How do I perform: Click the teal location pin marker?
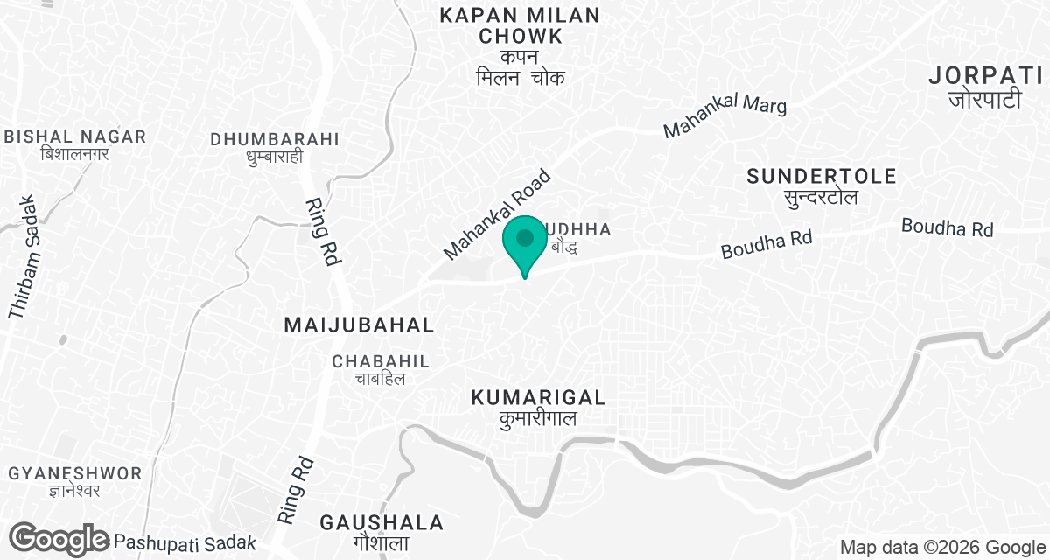[525, 241]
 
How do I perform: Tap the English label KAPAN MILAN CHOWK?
[520, 26]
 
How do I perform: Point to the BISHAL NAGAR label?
[75, 136]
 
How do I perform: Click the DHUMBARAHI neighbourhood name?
[275, 139]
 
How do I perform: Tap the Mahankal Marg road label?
[724, 117]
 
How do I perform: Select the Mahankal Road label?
[497, 214]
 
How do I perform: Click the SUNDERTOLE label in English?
[822, 177]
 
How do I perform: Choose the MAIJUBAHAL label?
[360, 325]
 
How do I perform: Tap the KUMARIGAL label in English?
[538, 398]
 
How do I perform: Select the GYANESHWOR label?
[74, 473]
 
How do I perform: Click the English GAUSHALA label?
[381, 523]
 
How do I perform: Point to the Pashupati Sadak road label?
[185, 542]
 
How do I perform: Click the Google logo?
[59, 539]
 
